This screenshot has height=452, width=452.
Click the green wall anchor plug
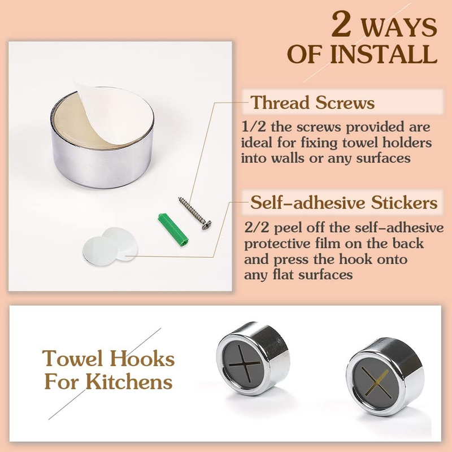173,230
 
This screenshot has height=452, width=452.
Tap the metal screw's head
207,225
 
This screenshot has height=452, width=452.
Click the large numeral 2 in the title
342,24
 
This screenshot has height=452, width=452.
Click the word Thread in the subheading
281,102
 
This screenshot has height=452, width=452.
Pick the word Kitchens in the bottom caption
129,382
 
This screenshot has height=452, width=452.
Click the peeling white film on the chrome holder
114,114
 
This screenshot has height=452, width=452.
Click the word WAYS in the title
399,27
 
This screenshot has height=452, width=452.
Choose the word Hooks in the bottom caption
142,359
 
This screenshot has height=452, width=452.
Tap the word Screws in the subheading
345,102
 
